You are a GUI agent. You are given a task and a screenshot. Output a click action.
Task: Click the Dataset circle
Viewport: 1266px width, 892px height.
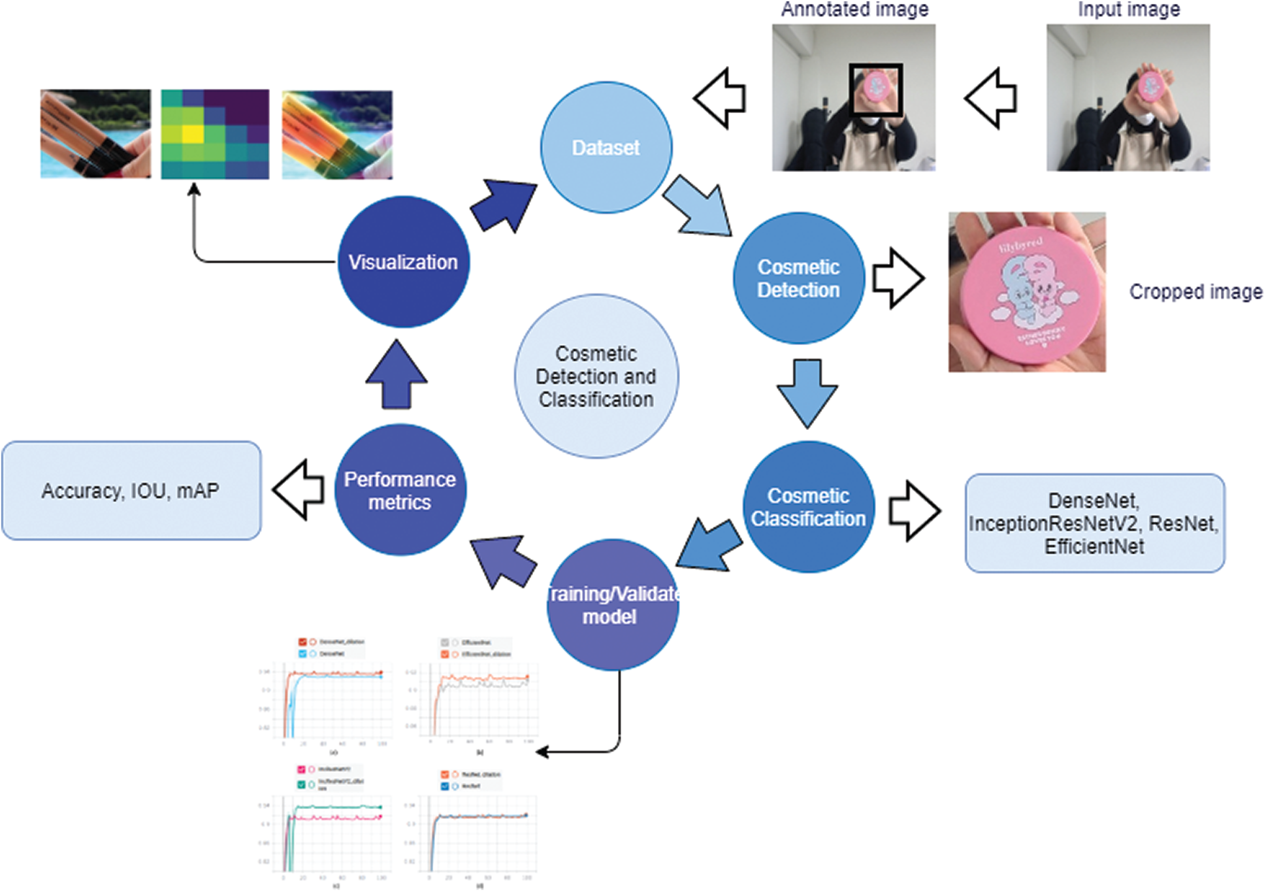[606, 147]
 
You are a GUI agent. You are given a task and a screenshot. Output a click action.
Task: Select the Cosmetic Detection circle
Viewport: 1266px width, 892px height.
[798, 278]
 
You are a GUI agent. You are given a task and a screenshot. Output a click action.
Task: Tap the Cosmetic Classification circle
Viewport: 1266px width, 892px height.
[808, 506]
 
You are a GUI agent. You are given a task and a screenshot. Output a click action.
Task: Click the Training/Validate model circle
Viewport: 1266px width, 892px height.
[612, 604]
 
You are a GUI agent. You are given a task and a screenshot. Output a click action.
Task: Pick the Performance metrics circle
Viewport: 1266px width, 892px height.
[400, 490]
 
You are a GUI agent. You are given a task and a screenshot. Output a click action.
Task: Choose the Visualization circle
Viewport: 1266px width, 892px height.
[403, 261]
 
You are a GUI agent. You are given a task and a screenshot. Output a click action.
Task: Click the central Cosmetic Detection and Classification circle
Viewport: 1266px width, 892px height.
[596, 376]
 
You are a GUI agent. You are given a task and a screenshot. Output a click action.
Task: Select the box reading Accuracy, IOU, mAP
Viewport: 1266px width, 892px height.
[131, 490]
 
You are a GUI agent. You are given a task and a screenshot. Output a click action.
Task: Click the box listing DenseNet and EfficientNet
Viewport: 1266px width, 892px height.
[1094, 523]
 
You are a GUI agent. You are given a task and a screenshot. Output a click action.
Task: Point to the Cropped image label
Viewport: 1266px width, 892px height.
[1195, 291]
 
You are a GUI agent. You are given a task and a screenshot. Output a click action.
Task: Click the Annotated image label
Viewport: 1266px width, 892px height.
[854, 9]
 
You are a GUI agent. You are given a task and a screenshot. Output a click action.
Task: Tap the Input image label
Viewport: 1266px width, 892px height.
[1128, 9]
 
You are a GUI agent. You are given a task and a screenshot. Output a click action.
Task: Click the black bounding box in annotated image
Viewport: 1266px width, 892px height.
[875, 90]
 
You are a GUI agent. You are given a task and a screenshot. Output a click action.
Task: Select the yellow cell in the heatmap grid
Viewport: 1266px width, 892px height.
[193, 133]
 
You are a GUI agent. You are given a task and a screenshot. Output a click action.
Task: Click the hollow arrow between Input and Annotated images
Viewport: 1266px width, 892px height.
[992, 98]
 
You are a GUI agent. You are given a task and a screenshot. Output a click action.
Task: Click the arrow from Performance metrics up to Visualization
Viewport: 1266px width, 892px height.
[397, 376]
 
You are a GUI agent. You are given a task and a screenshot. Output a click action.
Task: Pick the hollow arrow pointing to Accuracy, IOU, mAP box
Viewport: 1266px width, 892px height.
[299, 489]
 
